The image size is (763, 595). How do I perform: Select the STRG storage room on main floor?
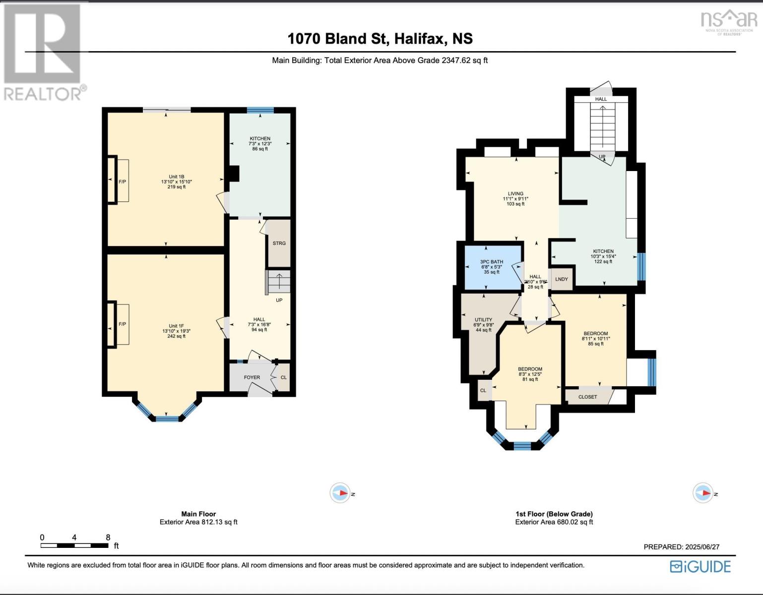click(279, 243)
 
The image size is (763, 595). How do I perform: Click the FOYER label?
click(252, 377)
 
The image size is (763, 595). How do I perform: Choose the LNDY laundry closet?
click(562, 279)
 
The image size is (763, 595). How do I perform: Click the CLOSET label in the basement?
click(588, 397)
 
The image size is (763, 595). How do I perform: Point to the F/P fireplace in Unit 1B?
click(122, 182)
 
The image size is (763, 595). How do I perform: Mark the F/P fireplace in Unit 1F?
click(122, 324)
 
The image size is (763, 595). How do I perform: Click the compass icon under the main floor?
click(340, 493)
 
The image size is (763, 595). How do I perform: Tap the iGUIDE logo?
click(700, 567)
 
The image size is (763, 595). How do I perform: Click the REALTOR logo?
click(44, 52)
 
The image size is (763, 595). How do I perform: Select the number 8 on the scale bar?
click(108, 537)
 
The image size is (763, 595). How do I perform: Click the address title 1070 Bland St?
click(380, 39)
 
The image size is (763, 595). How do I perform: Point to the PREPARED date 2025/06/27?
click(681, 547)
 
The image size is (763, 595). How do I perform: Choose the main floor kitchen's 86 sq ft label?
click(260, 149)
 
